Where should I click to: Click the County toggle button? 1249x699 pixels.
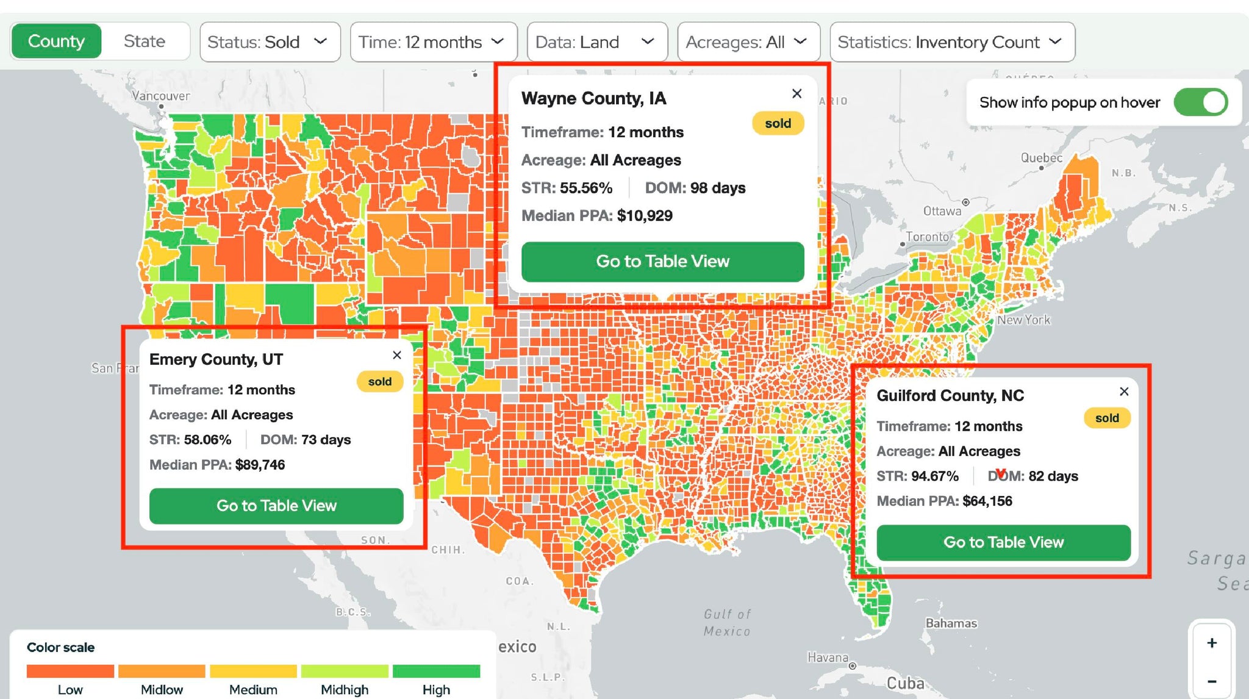[x=56, y=41]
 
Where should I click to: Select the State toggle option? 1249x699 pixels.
[x=145, y=41]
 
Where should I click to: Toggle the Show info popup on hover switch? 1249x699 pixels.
[x=1200, y=102]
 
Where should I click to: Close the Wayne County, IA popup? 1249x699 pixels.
[x=796, y=93]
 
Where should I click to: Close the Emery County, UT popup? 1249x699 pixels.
[x=397, y=355]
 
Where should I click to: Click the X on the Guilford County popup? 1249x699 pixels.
[x=1124, y=392]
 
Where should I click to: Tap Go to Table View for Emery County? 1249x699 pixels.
[x=276, y=506]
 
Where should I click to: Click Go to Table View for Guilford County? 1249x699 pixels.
[x=1003, y=542]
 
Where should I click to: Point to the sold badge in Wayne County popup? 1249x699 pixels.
[x=778, y=123]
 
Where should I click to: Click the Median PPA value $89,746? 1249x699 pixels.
[x=260, y=465]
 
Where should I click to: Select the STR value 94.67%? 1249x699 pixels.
[x=935, y=476]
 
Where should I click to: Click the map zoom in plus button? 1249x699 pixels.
[x=1212, y=643]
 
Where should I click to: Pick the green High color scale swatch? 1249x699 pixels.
[x=436, y=671]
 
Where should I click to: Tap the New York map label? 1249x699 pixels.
[x=1024, y=320]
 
